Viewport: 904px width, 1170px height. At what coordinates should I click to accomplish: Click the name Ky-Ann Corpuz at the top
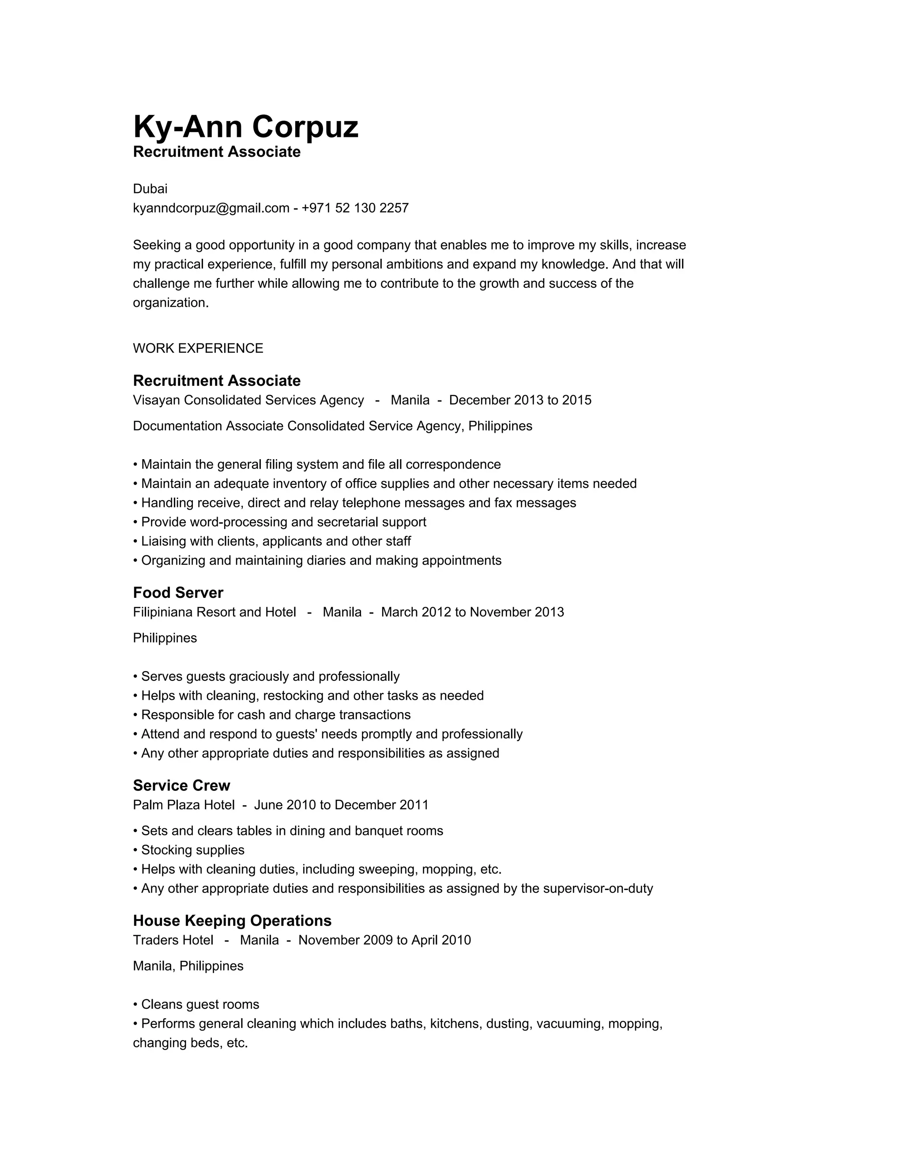[x=245, y=127]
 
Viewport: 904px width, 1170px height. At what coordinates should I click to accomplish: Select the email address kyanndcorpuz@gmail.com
[x=211, y=208]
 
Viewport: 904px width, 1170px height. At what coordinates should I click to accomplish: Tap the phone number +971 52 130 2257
[x=355, y=208]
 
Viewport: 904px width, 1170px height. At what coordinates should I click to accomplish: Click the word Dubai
[x=150, y=189]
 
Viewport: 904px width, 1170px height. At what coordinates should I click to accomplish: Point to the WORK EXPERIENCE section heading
[x=198, y=348]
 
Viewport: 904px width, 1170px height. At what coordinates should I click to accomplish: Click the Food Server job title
[x=178, y=593]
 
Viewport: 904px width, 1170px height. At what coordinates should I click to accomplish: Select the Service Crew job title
[x=181, y=785]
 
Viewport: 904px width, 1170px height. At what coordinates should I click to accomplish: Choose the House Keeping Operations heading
[x=232, y=921]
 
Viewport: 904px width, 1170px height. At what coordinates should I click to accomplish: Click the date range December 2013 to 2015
[x=520, y=400]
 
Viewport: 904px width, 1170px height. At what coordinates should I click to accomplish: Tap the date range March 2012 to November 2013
[x=472, y=612]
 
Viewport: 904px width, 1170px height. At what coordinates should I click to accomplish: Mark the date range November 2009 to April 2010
[x=384, y=940]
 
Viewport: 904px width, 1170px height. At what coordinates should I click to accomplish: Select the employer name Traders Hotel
[x=173, y=940]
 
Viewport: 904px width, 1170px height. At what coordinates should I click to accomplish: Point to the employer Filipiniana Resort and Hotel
[x=214, y=612]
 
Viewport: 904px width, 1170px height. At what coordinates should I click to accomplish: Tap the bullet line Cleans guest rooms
[x=200, y=1004]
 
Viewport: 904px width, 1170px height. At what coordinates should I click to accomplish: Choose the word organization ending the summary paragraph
[x=170, y=303]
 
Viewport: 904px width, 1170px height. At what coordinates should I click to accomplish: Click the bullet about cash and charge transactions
[x=275, y=715]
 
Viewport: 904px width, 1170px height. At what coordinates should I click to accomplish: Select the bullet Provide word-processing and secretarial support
[x=283, y=522]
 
